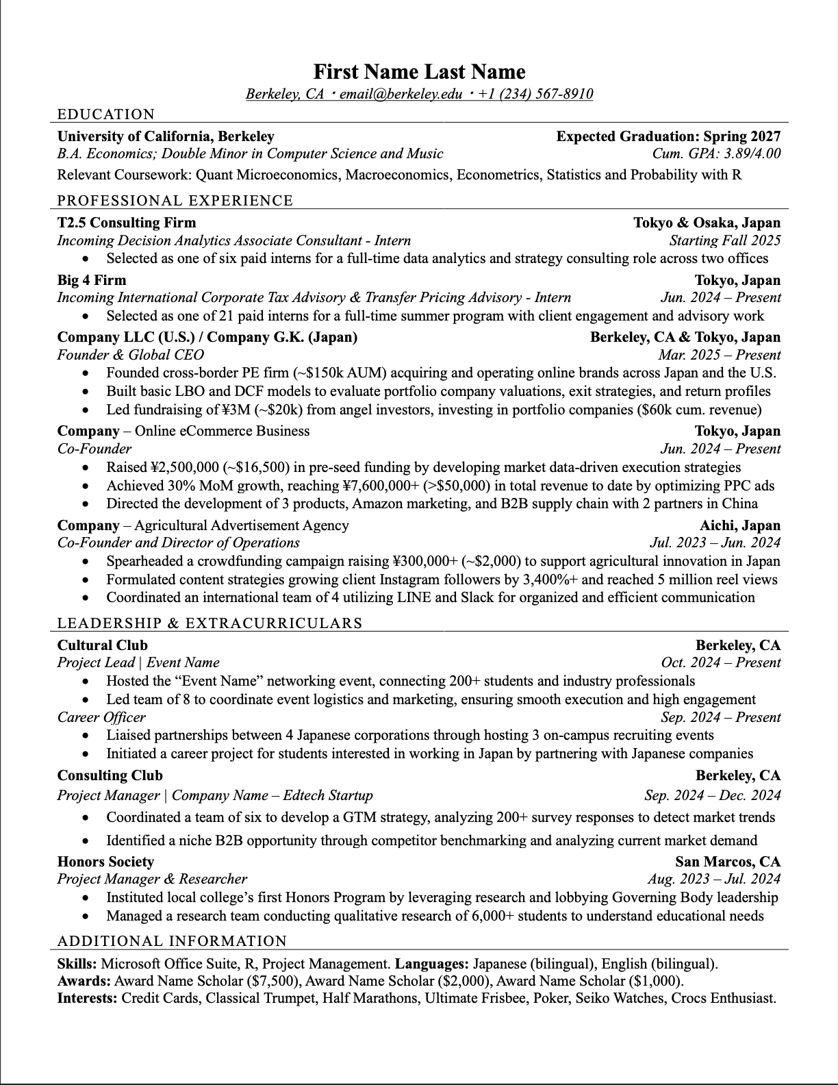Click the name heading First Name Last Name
point(419,72)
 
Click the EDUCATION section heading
point(106,114)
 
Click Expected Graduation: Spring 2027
point(668,136)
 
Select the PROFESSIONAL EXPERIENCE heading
point(175,201)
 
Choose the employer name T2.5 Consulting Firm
point(127,223)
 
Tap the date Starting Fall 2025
point(724,240)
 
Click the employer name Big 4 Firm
point(92,280)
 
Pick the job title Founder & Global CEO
point(130,355)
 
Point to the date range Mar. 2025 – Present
point(719,355)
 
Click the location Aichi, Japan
point(739,525)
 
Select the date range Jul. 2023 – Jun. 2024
point(715,542)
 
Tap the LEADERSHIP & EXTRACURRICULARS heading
point(209,623)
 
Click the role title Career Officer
point(101,717)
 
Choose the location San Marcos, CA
point(727,862)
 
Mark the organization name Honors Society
point(105,862)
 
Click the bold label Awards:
point(84,980)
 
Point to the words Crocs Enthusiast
point(724,998)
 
